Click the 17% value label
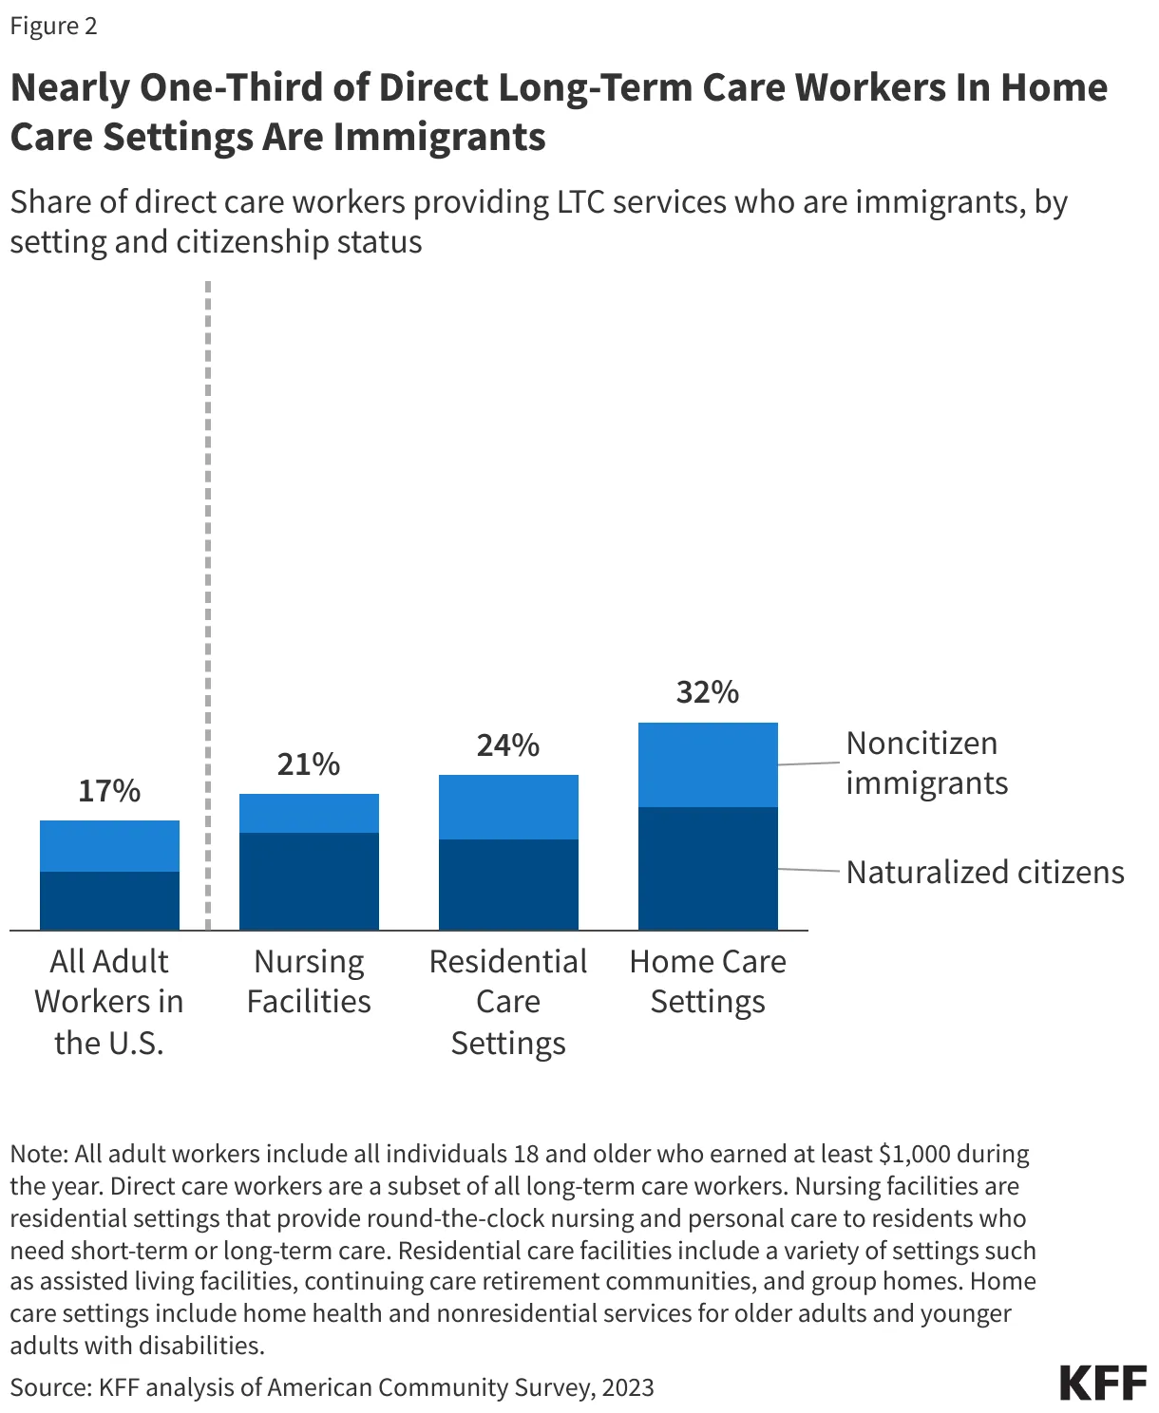coord(109,790)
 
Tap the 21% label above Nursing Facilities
coord(309,763)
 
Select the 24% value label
coord(508,744)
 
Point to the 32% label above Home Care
coord(708,692)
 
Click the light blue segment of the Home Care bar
coord(708,764)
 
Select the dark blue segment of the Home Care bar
coord(708,868)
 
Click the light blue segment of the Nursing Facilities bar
coord(309,813)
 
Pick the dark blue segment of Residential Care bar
coord(508,884)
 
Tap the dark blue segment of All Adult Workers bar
coord(109,900)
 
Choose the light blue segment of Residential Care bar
coord(508,807)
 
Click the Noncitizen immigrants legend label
coord(925,763)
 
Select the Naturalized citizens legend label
coord(985,872)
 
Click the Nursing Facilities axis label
coord(309,981)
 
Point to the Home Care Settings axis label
coord(708,981)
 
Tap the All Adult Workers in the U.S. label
coord(109,1002)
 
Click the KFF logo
coord(1103,1384)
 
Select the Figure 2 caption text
coord(54,26)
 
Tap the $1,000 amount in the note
coord(915,1154)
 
